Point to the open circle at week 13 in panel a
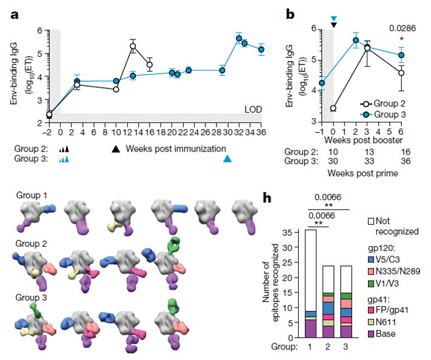click(x=133, y=47)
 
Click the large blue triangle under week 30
click(x=227, y=158)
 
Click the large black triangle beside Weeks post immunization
click(x=115, y=148)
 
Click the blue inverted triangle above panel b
click(x=333, y=18)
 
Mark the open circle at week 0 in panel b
click(x=333, y=108)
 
